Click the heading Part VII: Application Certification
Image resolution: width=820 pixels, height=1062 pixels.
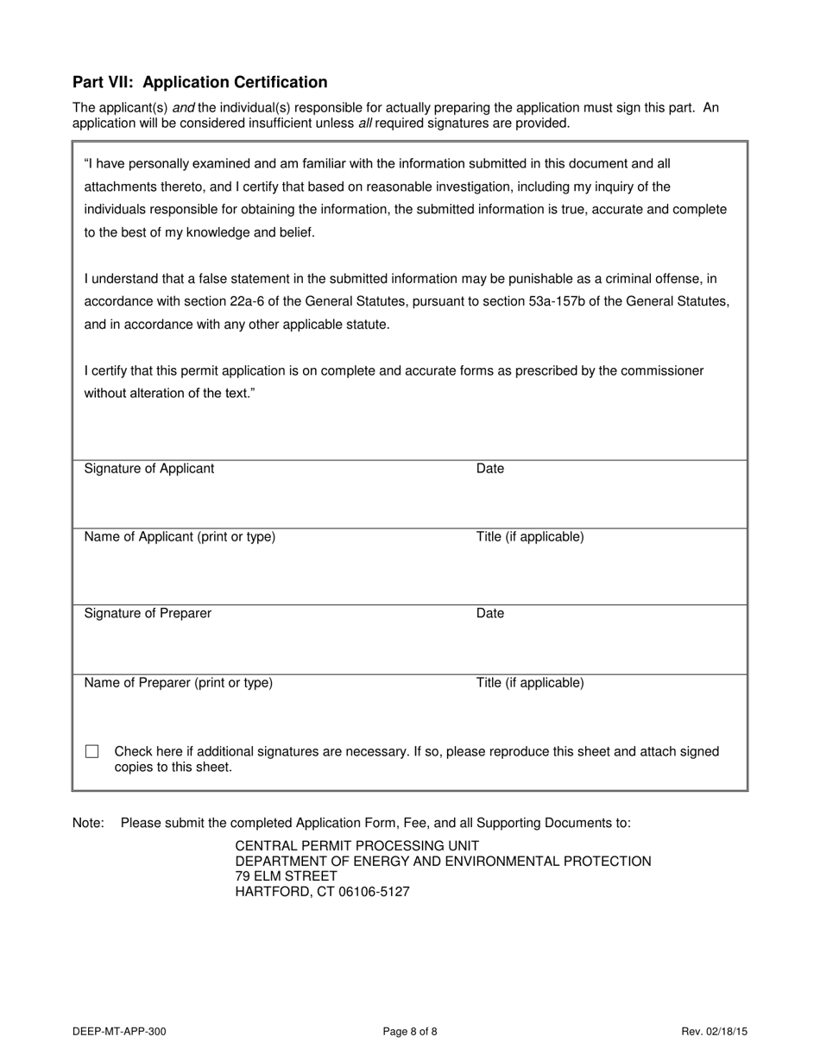click(199, 82)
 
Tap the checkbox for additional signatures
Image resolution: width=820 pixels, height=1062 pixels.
click(92, 752)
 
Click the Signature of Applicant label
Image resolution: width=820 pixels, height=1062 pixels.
click(149, 469)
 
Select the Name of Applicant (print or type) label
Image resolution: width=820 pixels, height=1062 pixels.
click(180, 537)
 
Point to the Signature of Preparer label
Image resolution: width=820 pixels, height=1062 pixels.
click(148, 614)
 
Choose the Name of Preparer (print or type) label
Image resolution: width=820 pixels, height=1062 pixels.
click(178, 683)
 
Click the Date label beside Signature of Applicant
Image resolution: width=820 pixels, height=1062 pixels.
click(490, 469)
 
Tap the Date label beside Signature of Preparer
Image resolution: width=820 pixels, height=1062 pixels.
click(490, 614)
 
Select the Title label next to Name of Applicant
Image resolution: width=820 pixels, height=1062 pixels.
click(530, 537)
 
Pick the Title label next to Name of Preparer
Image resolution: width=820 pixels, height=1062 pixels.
click(530, 683)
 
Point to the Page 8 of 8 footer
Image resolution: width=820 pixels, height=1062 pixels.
click(410, 1031)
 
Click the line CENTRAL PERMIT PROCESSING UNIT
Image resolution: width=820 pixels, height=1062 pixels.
click(356, 846)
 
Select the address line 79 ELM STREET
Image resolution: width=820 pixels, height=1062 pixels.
click(286, 876)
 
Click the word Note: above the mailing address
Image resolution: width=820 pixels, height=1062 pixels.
click(88, 824)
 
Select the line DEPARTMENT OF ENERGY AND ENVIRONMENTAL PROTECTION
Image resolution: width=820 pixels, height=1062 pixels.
click(443, 862)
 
